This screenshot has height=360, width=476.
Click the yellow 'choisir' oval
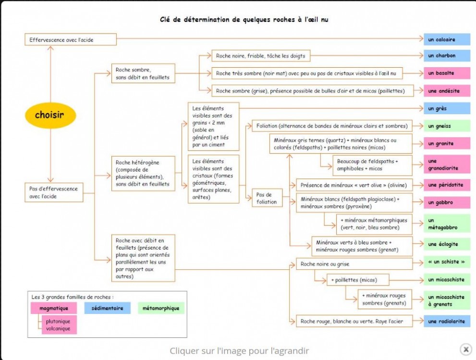click(x=50, y=115)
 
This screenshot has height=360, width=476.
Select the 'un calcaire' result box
click(x=447, y=39)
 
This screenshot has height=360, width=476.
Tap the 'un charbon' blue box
click(x=447, y=56)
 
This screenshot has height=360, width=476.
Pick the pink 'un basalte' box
click(x=447, y=73)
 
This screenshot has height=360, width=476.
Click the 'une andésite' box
click(x=447, y=90)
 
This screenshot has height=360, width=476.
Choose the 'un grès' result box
click(x=447, y=109)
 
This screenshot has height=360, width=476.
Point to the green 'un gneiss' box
click(x=447, y=126)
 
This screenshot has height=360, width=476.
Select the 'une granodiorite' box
click(x=447, y=165)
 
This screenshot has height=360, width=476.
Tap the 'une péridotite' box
click(x=447, y=185)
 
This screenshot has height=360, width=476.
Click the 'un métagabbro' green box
click(x=447, y=224)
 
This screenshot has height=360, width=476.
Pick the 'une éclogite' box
click(x=447, y=244)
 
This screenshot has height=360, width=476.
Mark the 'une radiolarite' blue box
click(x=447, y=321)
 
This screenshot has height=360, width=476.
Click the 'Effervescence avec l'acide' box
click(x=70, y=40)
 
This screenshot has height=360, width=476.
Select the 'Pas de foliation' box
click(x=267, y=198)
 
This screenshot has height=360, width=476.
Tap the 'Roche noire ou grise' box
click(x=354, y=264)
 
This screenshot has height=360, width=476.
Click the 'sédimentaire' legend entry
click(x=108, y=308)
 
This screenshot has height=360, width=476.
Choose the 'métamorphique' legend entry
click(x=161, y=308)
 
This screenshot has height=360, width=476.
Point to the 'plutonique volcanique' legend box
click(x=58, y=325)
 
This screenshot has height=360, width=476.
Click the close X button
click(x=465, y=349)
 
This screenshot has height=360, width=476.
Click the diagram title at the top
click(x=244, y=20)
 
